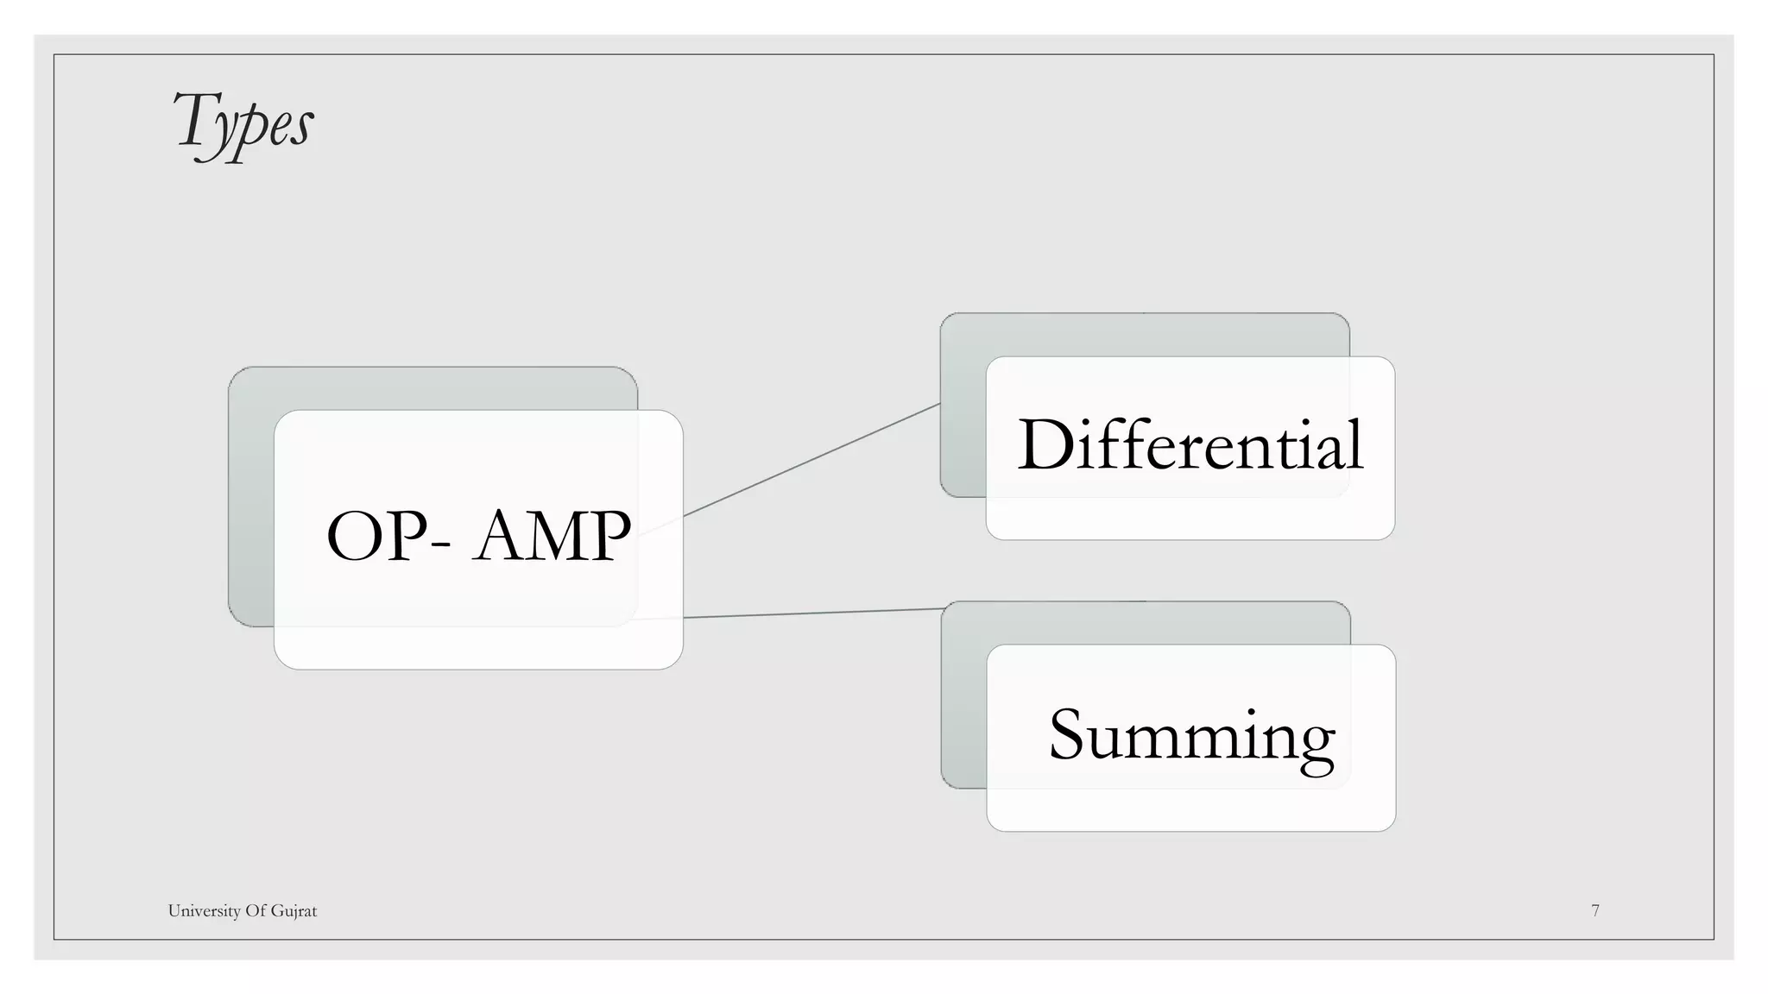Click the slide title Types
tap(243, 123)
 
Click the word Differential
tap(1190, 444)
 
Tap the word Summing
tap(1191, 735)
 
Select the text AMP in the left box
tap(552, 536)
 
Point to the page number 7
tap(1595, 910)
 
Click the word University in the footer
tap(203, 911)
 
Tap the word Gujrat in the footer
tap(294, 911)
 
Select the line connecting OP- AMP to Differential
tap(811, 460)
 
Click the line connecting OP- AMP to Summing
tap(811, 613)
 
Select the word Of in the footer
tap(256, 911)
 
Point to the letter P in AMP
tap(604, 536)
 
